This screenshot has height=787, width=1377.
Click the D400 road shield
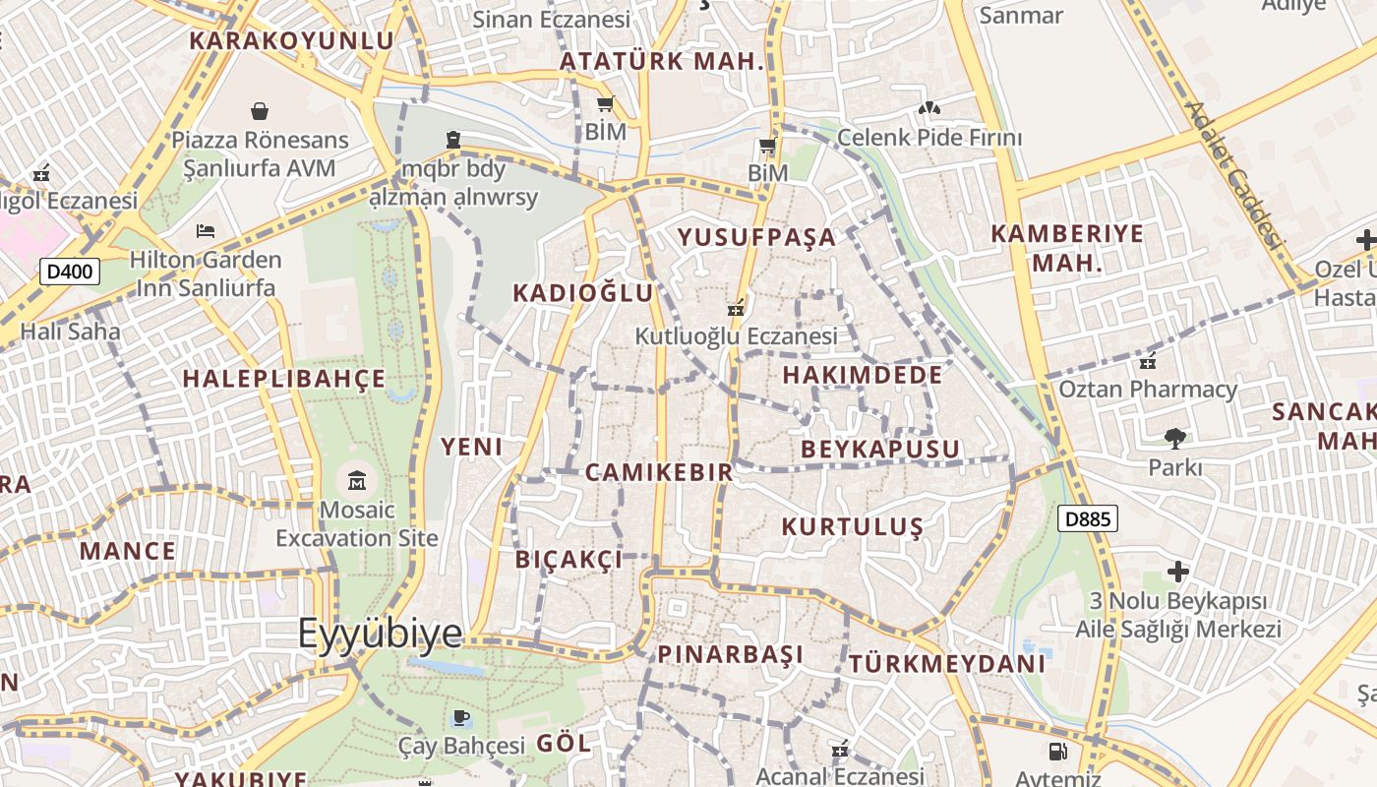[x=70, y=272]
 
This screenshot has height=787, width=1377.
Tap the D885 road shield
[x=1088, y=518]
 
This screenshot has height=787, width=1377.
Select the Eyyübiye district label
[x=380, y=633]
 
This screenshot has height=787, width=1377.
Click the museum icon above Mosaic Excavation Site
[x=356, y=482]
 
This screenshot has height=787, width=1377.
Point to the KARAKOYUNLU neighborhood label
[x=291, y=40]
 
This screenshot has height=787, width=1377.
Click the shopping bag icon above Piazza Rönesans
[x=260, y=111]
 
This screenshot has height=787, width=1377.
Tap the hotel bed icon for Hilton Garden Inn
[x=206, y=231]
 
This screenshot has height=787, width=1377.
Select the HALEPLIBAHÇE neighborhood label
[x=284, y=379]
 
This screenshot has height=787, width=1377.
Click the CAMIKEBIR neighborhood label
[x=659, y=472]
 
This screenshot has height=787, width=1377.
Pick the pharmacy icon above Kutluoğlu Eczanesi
[x=735, y=307]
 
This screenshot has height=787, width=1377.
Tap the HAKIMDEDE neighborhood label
[x=862, y=375]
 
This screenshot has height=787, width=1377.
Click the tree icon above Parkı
[x=1174, y=438]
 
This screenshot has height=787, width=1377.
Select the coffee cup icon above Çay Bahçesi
[x=460, y=717]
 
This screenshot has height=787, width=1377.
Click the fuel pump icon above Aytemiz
[x=1057, y=752]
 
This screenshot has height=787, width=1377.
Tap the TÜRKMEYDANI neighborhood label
[x=946, y=664]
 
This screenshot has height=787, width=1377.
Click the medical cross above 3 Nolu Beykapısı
[x=1177, y=571]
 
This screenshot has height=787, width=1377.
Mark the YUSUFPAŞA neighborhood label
[x=756, y=237]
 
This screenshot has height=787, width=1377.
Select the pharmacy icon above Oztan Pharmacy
[x=1147, y=361]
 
